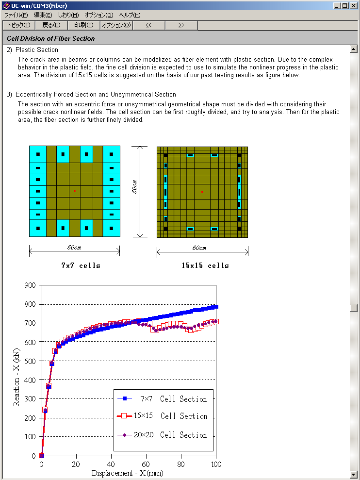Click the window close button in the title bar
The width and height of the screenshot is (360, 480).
coord(354,6)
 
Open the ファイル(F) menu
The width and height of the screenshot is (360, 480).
coord(16,15)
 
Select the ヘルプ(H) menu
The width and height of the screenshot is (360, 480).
coord(130,15)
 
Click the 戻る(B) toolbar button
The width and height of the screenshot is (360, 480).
coord(51,25)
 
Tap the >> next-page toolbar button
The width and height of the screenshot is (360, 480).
coord(181,25)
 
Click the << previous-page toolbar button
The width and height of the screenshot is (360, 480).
coord(148,25)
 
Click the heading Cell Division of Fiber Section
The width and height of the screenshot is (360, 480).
coord(51,38)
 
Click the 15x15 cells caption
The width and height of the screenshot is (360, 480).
coord(205,265)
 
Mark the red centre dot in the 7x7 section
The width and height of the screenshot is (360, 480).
coord(74,191)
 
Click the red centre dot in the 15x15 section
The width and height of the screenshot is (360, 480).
coord(202,192)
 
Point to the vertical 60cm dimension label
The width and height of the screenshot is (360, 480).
coord(134,186)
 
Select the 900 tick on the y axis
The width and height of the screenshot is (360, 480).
coord(30,285)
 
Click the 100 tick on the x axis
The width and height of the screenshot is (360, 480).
coord(215,464)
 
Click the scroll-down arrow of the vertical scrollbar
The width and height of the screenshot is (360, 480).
coord(354,474)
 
